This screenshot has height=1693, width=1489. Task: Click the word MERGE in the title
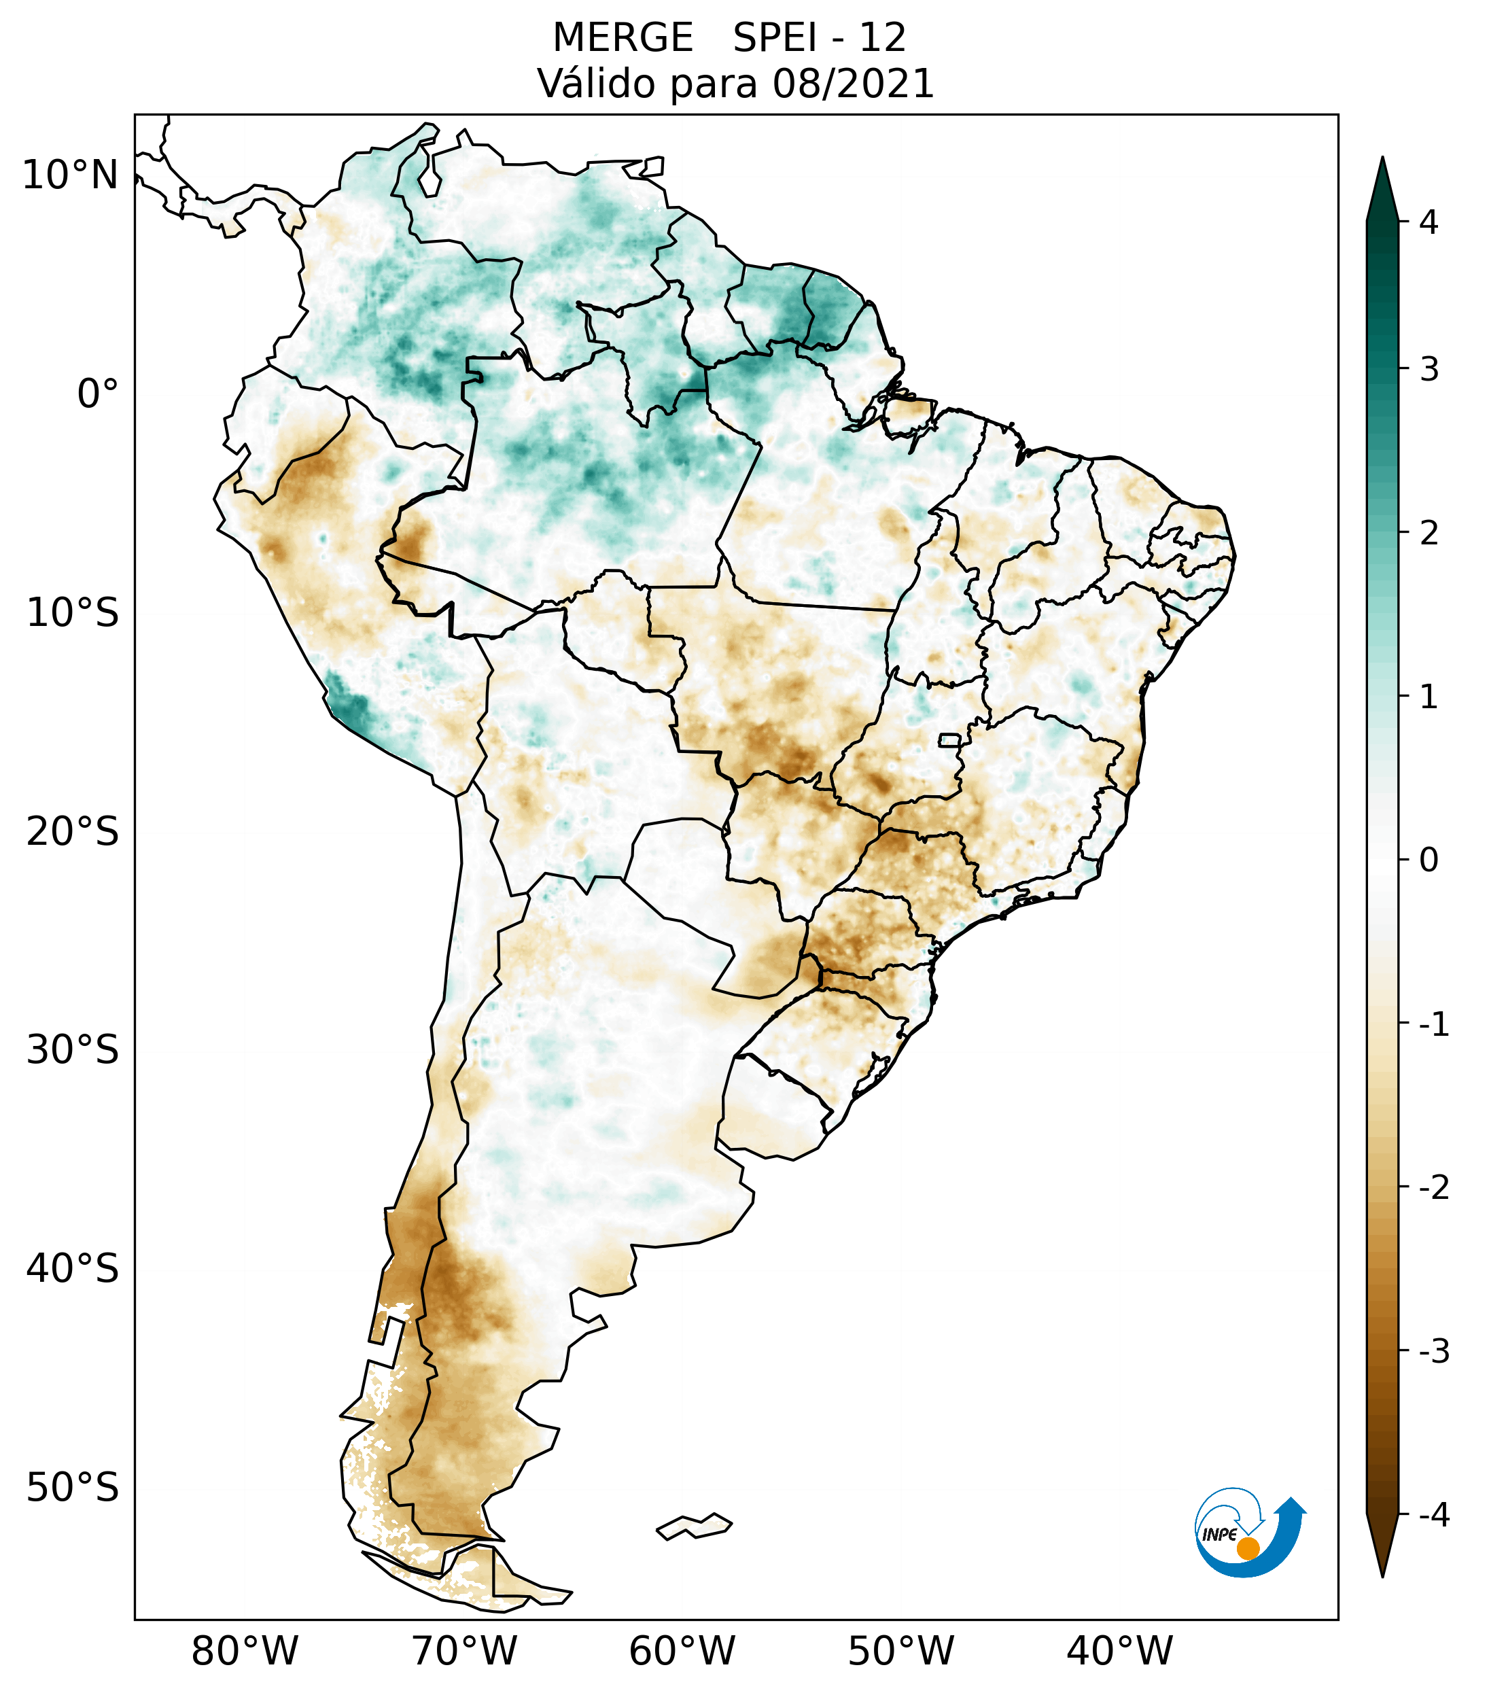[x=622, y=38]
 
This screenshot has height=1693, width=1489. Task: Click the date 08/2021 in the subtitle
[x=853, y=84]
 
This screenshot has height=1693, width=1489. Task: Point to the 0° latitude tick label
[x=98, y=394]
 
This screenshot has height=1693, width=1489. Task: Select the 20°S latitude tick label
[x=73, y=832]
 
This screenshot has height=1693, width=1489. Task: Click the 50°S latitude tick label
[x=73, y=1488]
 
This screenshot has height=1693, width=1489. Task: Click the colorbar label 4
[x=1429, y=222]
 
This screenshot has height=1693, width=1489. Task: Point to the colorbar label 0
[x=1429, y=860]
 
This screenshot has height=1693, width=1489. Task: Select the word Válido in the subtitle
[x=595, y=84]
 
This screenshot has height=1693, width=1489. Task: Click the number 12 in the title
[x=882, y=38]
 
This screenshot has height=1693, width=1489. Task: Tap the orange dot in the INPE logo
[x=1248, y=1548]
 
